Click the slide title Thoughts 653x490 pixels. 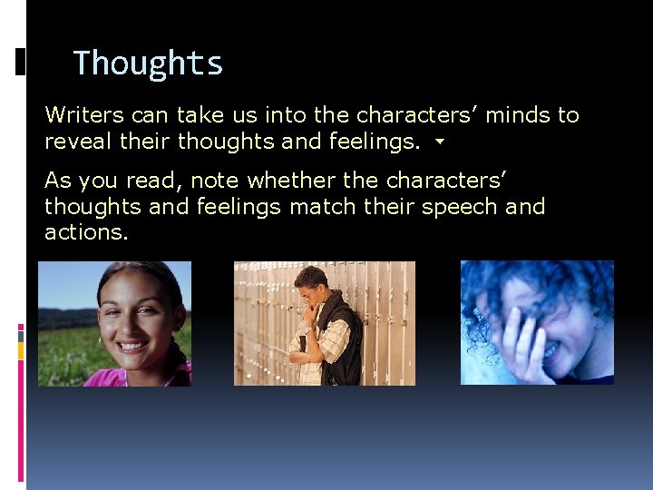click(148, 64)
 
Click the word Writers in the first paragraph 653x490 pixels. click(83, 115)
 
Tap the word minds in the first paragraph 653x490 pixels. click(520, 115)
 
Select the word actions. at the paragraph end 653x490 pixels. click(87, 232)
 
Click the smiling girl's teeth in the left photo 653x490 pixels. click(132, 346)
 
